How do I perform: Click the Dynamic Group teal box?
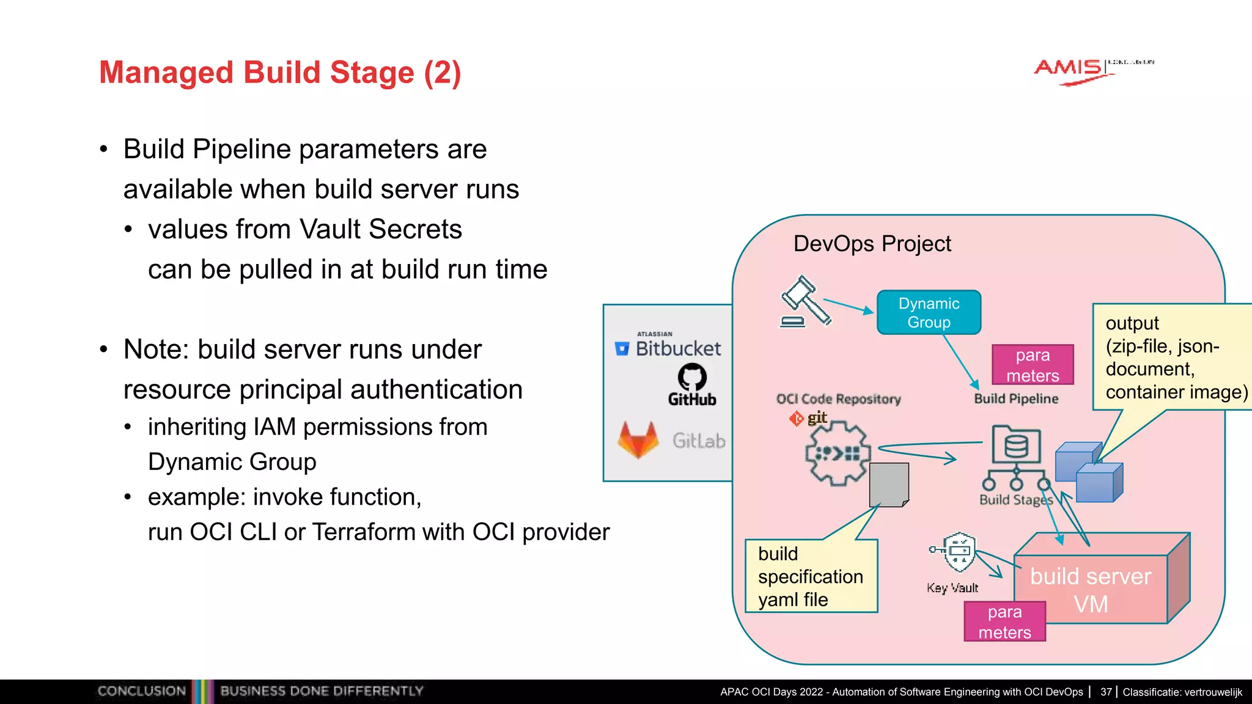929,313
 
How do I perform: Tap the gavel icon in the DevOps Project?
805,302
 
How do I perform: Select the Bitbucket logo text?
677,348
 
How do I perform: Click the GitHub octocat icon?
692,376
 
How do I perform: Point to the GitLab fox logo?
638,440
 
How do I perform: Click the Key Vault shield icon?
959,552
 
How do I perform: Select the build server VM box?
1091,589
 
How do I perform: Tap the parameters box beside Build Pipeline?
1033,365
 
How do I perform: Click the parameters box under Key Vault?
1004,621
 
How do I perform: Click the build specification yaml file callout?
811,576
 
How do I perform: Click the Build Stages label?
1015,500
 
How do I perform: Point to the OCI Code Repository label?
838,399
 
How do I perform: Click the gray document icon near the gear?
889,485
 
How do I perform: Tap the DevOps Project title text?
872,244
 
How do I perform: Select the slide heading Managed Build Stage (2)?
280,73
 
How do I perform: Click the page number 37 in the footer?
1106,692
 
